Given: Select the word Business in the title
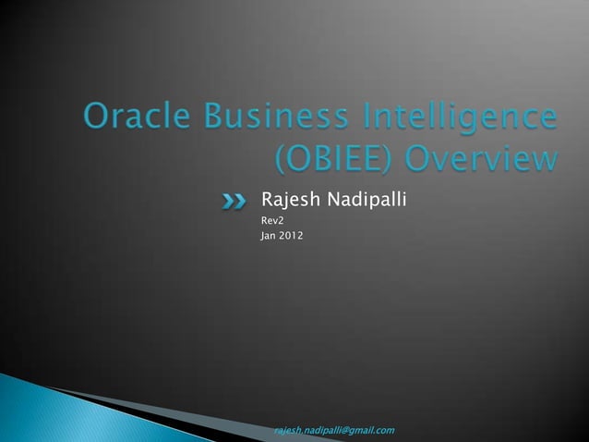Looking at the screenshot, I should (257, 119).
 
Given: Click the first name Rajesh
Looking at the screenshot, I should (289, 198).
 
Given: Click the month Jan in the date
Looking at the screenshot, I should (269, 237).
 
